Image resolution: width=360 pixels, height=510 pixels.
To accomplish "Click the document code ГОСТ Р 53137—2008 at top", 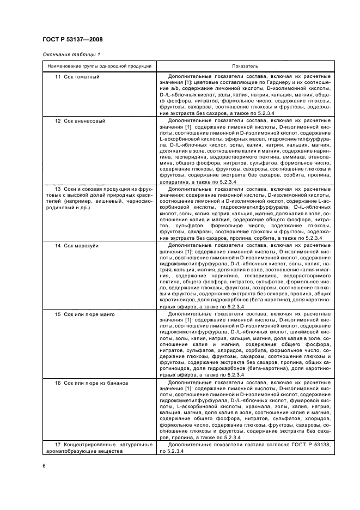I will coord(72,40).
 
